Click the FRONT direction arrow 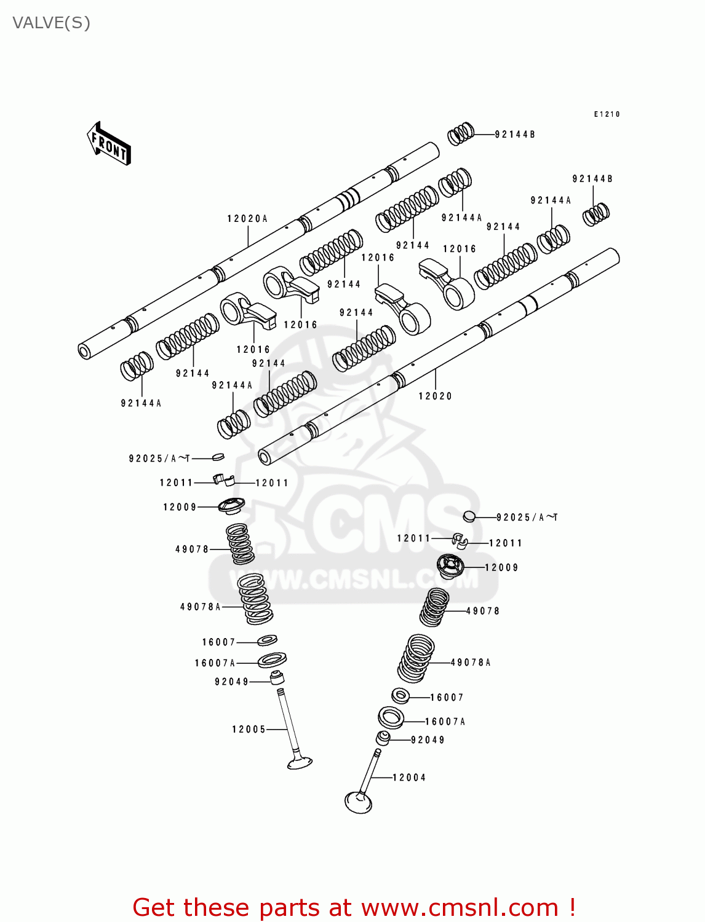click(110, 144)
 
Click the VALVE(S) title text click(52, 23)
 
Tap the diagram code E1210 click(607, 114)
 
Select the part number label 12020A click(247, 219)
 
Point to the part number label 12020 click(435, 396)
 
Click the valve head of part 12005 click(300, 763)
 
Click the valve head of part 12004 click(359, 802)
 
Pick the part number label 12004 click(409, 778)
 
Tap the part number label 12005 click(249, 730)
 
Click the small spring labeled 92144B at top click(461, 133)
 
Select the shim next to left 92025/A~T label click(218, 457)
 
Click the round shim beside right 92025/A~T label click(469, 516)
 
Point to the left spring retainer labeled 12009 click(231, 506)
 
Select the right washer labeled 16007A click(391, 717)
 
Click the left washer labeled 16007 click(267, 640)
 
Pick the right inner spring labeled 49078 click(435, 607)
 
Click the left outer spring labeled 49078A click(255, 599)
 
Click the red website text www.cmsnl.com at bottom click(460, 908)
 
